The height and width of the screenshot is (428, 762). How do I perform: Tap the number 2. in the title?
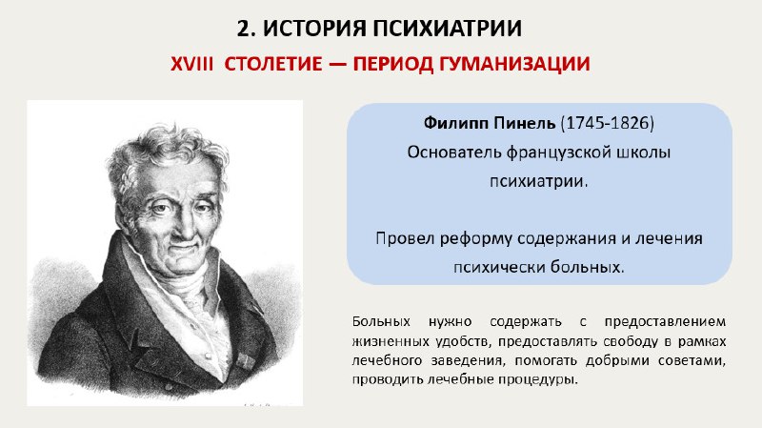click(x=246, y=29)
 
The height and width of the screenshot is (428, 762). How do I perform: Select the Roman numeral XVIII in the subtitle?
click(x=192, y=64)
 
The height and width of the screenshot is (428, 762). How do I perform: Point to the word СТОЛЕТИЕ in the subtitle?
click(x=273, y=64)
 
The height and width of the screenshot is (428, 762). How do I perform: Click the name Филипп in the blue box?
click(x=456, y=124)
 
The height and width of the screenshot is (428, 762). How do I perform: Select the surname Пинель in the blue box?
click(x=524, y=123)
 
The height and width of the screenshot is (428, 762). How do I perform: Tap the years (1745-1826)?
click(x=608, y=123)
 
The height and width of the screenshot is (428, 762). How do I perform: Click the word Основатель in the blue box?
click(x=454, y=153)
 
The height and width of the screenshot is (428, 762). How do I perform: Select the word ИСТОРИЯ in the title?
click(x=314, y=29)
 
